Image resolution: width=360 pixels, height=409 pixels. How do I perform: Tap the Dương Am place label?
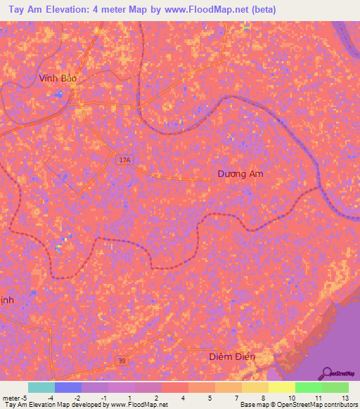240,174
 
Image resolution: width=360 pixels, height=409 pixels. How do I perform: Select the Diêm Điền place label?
232,357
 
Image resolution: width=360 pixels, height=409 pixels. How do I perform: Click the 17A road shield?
124,160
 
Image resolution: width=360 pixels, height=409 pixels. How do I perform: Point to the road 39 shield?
122,361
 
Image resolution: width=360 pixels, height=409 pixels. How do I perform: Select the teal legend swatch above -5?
41,387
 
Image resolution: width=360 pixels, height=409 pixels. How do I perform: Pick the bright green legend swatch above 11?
309,387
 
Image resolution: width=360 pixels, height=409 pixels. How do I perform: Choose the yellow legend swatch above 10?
282,387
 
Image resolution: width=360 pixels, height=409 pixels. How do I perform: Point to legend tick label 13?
345,397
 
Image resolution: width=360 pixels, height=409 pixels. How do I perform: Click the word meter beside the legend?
11,397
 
